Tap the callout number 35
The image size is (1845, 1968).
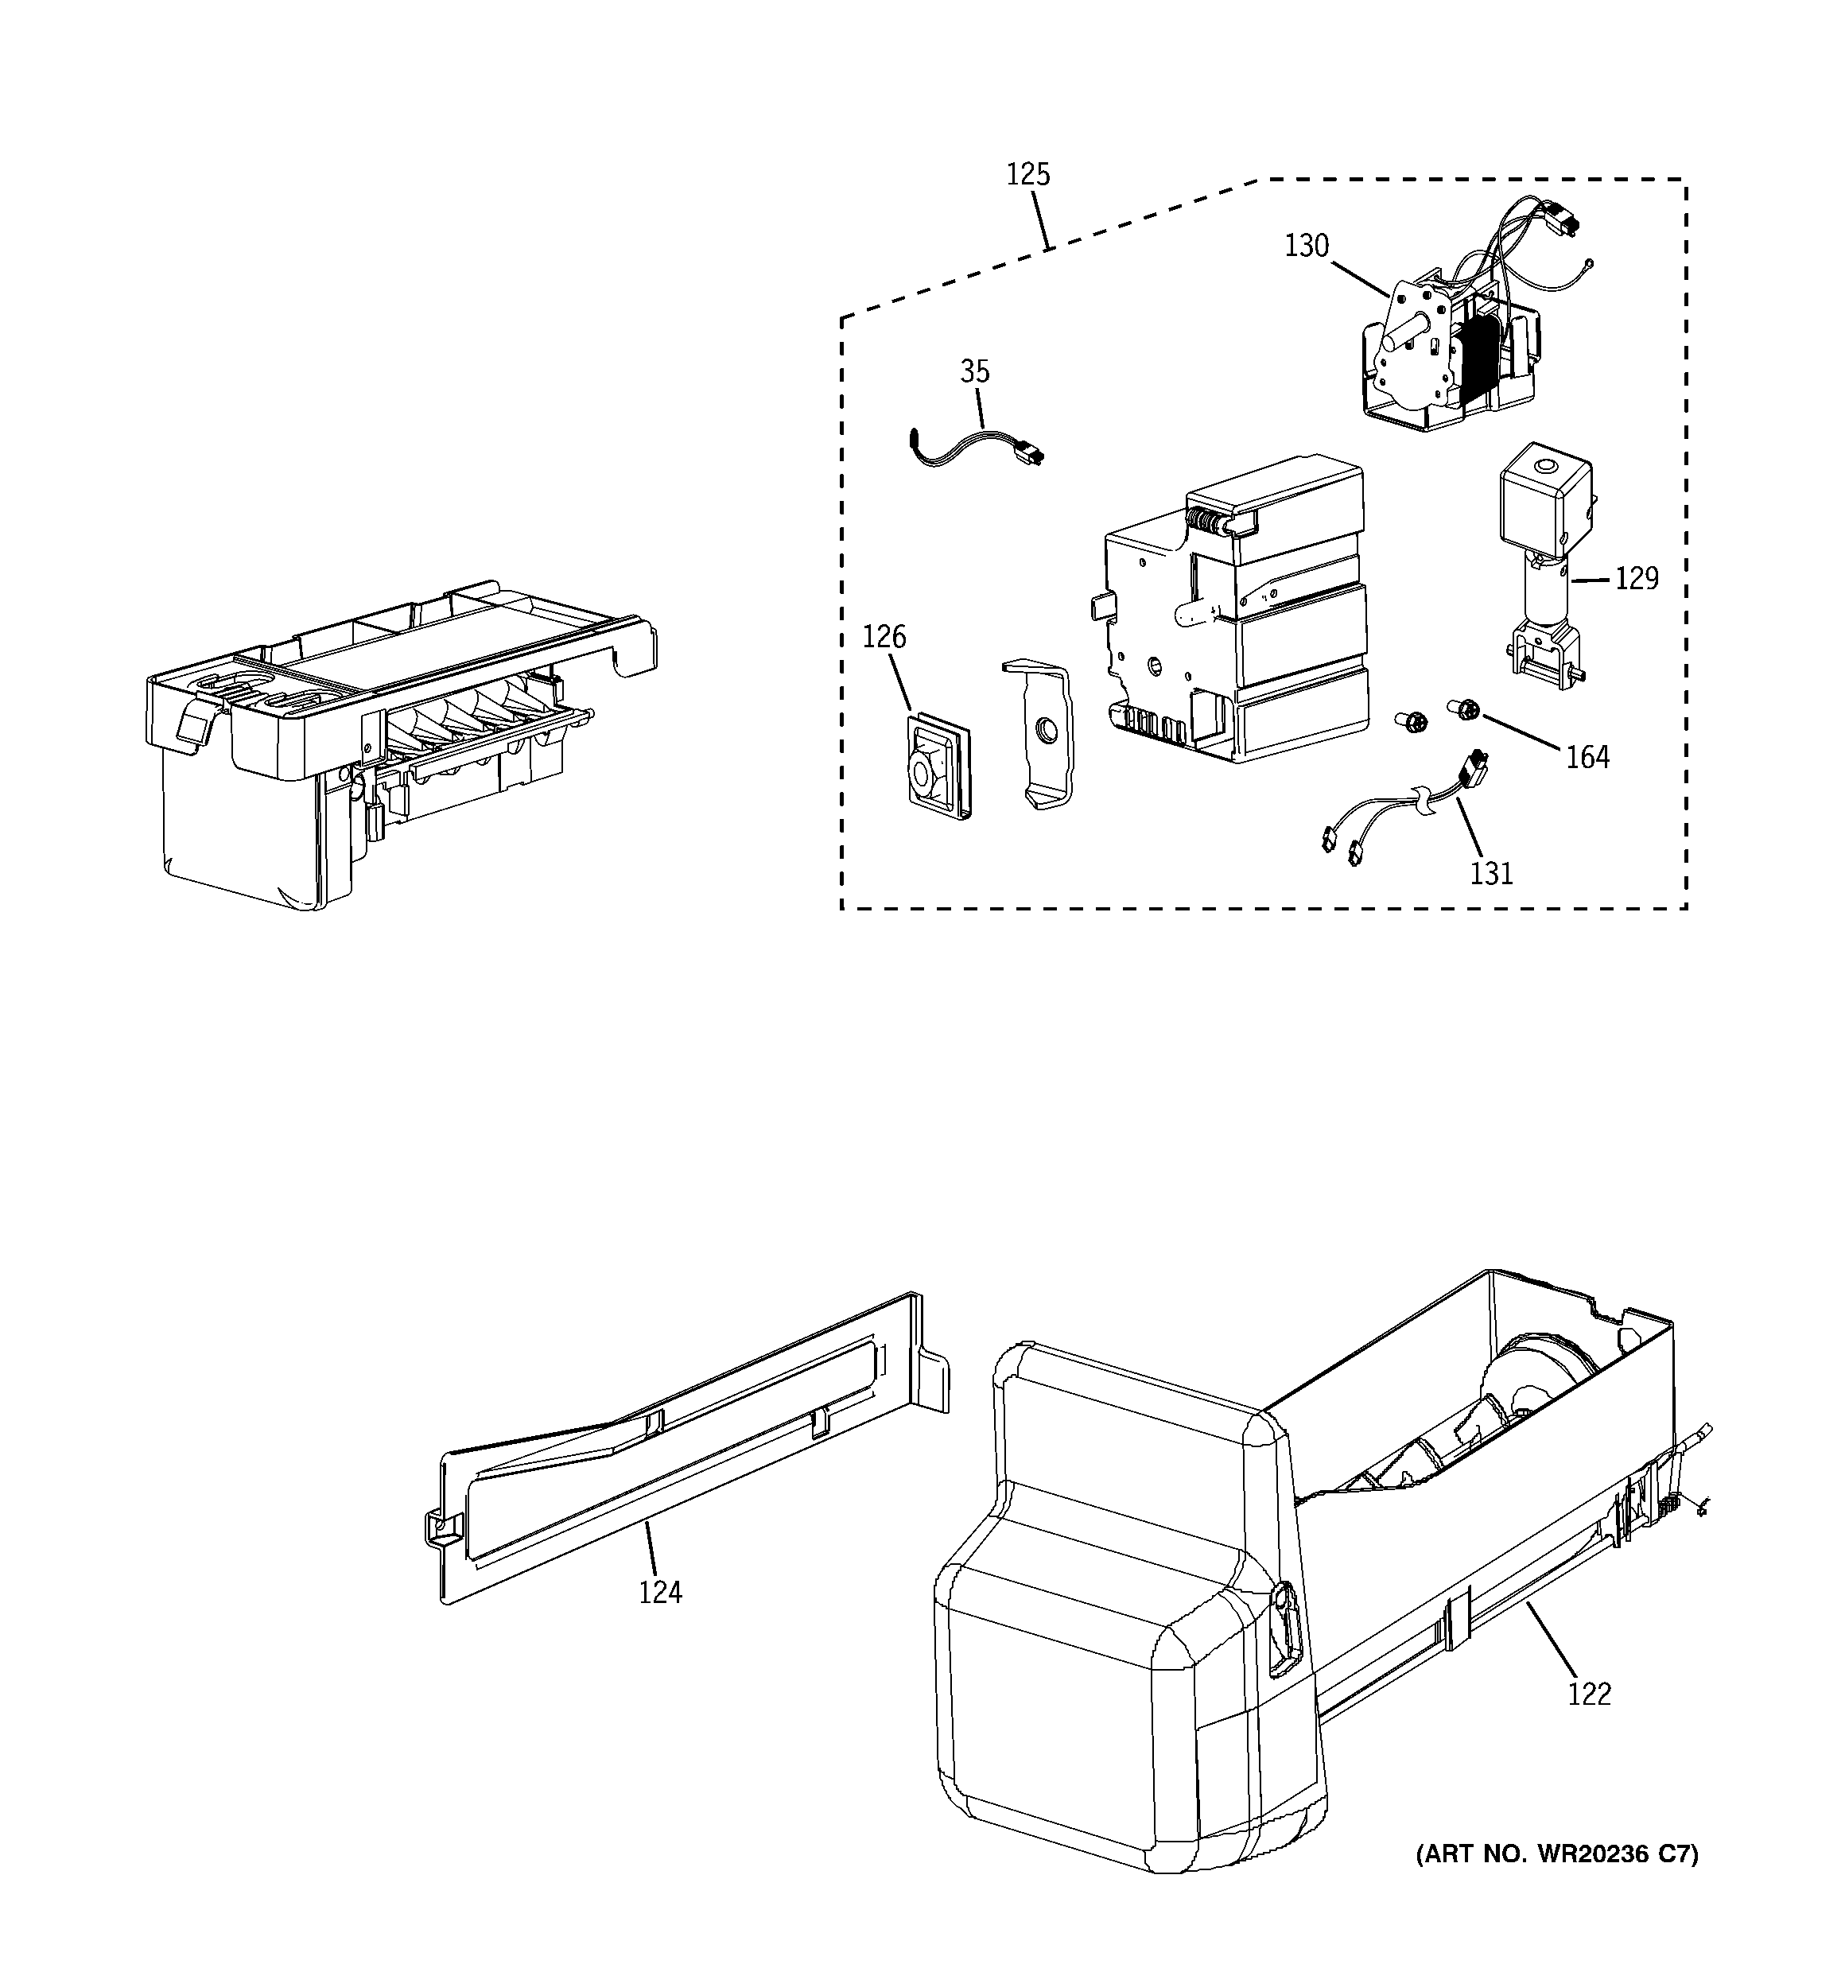974,371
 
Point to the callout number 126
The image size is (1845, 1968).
884,637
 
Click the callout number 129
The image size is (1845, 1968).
1636,578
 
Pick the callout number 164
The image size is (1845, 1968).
1587,757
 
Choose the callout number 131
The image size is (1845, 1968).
1490,873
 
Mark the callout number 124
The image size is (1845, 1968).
659,1592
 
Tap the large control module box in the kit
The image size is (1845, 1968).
1238,614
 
